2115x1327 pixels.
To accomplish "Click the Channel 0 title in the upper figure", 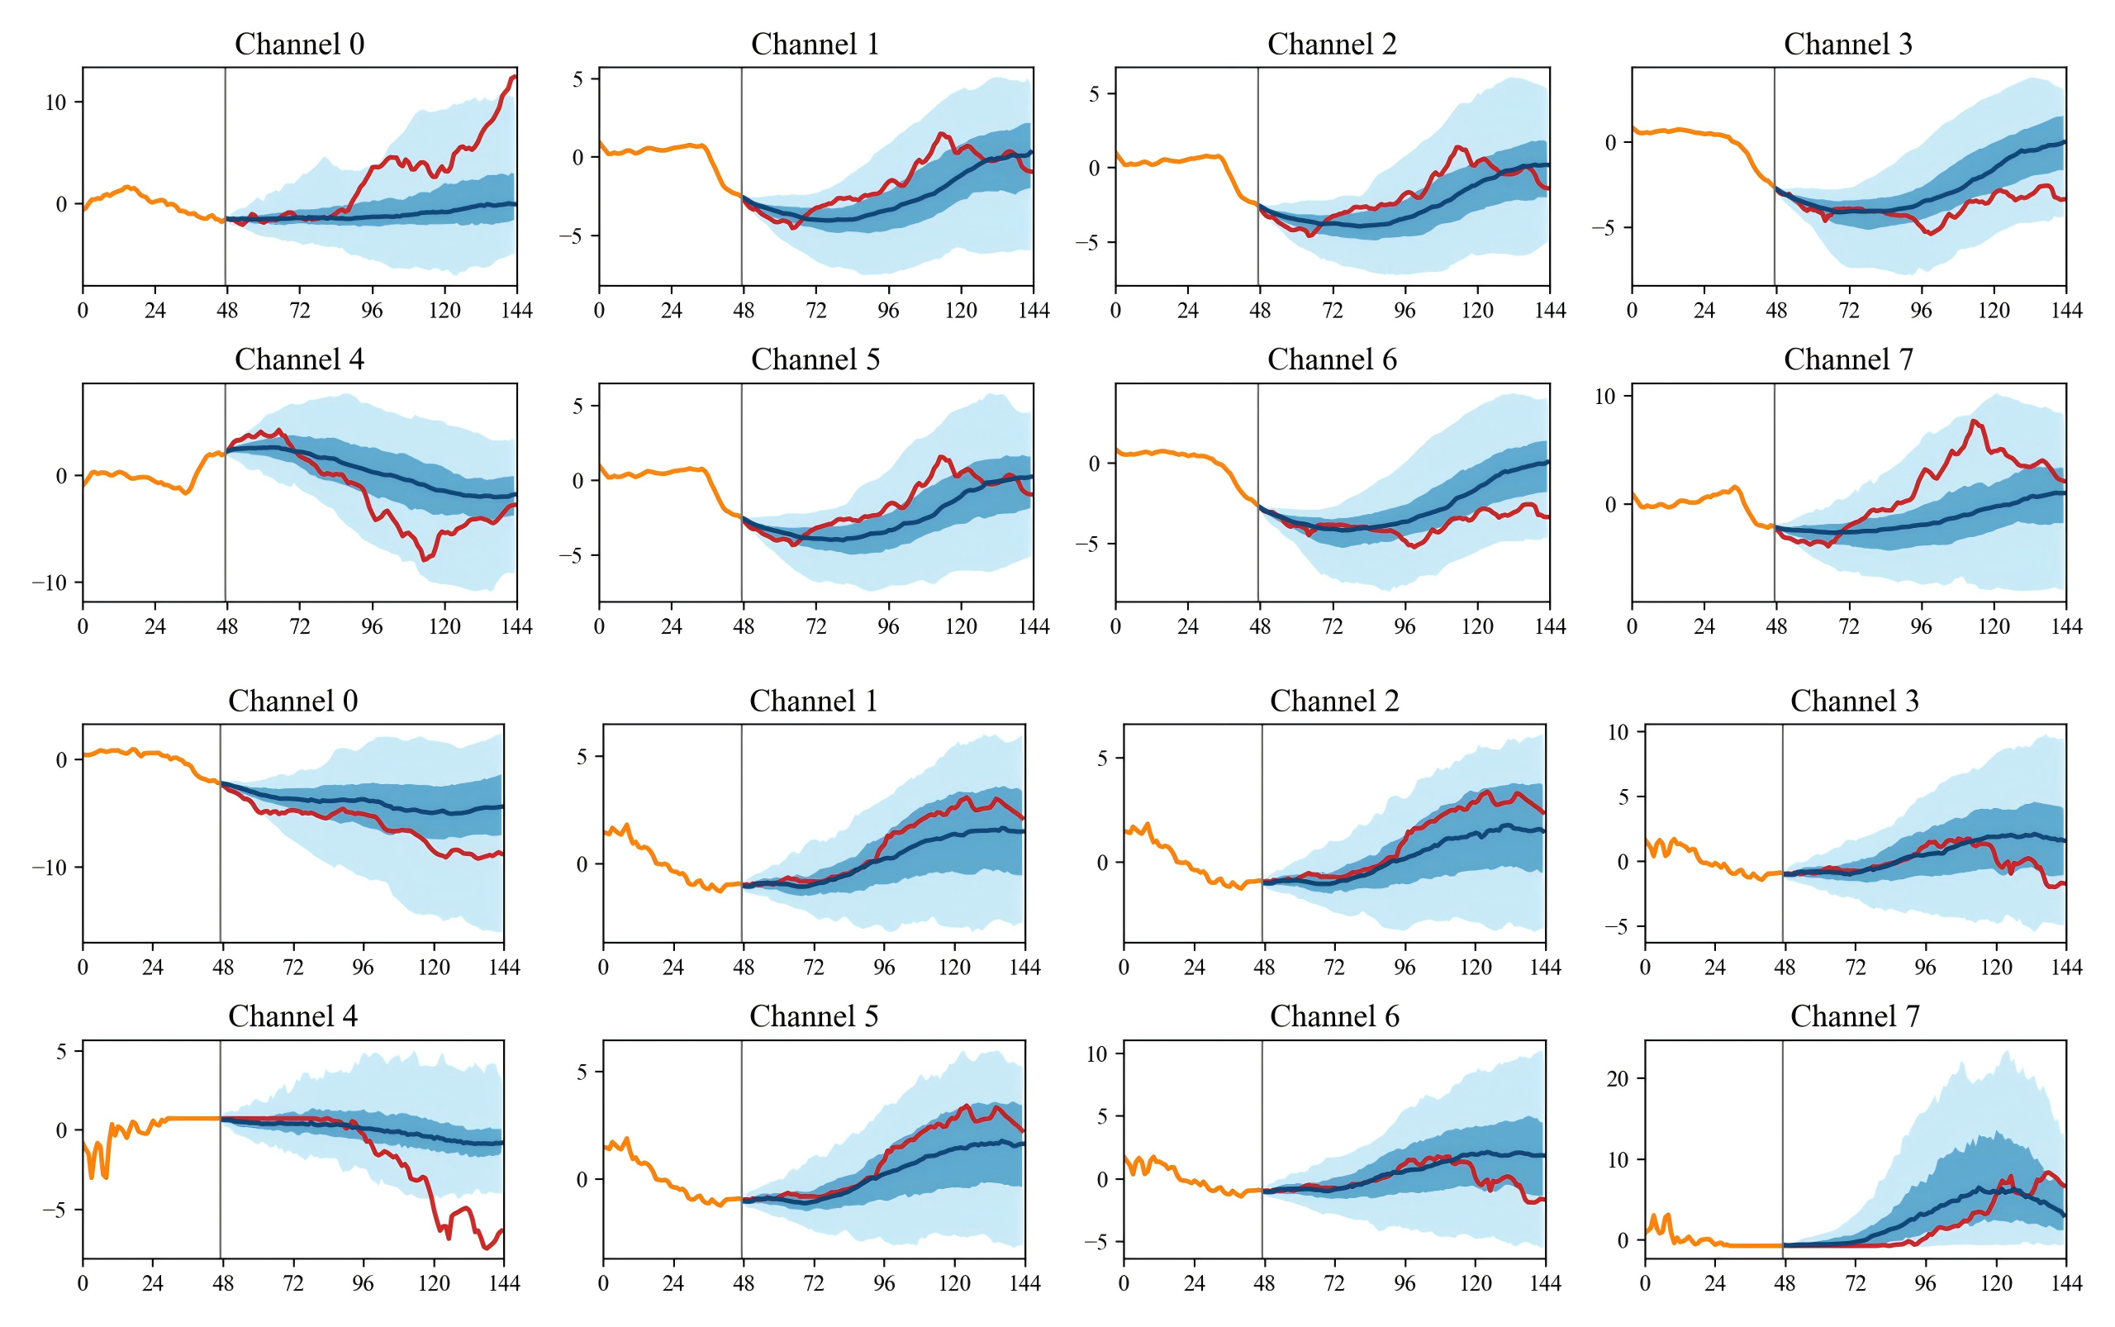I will [298, 44].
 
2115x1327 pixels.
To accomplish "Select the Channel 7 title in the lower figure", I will [1855, 1016].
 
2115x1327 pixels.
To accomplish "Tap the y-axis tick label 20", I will [1618, 1078].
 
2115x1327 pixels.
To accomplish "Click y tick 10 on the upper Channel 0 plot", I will [55, 102].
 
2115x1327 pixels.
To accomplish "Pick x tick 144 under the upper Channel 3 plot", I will [2066, 311].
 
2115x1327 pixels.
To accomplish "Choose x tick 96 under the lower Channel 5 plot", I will [884, 1284].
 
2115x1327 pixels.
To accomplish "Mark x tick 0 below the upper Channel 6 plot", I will [1115, 626].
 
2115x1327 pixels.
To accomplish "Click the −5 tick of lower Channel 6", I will [1097, 1242].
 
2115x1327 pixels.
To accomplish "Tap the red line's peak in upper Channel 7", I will [1974, 421].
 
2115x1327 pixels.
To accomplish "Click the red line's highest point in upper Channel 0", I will [513, 76].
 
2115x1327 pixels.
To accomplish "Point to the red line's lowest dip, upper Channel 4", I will [424, 559].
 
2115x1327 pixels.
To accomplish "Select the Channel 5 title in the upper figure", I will [815, 359].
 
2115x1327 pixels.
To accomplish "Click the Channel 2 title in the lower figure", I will [1334, 702].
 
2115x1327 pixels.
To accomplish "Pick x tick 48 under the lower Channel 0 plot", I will [223, 968].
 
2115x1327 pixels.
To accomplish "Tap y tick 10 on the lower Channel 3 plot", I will [1618, 732].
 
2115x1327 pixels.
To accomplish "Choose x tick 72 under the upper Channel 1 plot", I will [815, 311].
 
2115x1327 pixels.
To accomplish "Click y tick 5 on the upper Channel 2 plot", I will [1094, 94].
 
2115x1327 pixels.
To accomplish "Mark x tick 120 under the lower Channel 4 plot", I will [434, 1284].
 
